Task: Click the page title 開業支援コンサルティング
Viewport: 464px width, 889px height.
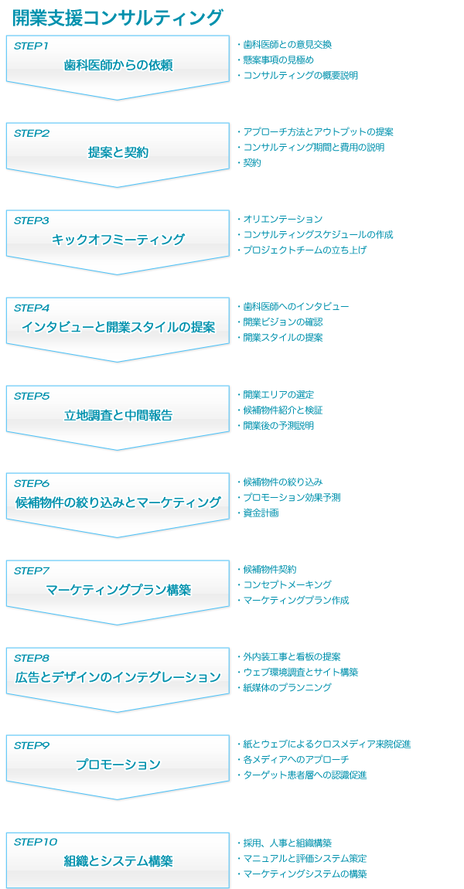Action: [x=118, y=17]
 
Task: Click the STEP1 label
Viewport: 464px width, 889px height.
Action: [x=31, y=46]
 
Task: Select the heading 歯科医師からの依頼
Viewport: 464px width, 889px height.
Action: [x=118, y=65]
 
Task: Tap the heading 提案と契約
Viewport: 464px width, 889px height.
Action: [x=118, y=152]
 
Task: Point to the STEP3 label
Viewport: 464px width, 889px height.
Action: [x=31, y=221]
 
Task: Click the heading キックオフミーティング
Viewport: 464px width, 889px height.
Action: [x=118, y=240]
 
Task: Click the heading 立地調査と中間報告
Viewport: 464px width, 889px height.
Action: [x=118, y=415]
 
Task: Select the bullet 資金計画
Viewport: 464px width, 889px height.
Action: [x=261, y=513]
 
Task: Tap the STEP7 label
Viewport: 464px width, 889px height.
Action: [x=31, y=571]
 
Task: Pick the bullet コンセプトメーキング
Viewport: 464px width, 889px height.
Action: [x=287, y=585]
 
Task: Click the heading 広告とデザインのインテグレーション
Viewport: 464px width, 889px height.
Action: [x=118, y=677]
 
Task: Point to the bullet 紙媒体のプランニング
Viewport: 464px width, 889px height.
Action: [x=287, y=688]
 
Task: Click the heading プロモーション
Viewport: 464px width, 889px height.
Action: [x=118, y=765]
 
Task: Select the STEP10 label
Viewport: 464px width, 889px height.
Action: [x=35, y=842]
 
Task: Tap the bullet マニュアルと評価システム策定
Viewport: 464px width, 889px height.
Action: [x=305, y=859]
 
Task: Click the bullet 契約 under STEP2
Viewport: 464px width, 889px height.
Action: [x=252, y=163]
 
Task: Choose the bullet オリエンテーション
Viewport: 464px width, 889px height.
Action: [x=282, y=220]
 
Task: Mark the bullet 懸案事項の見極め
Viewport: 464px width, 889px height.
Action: [x=278, y=60]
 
